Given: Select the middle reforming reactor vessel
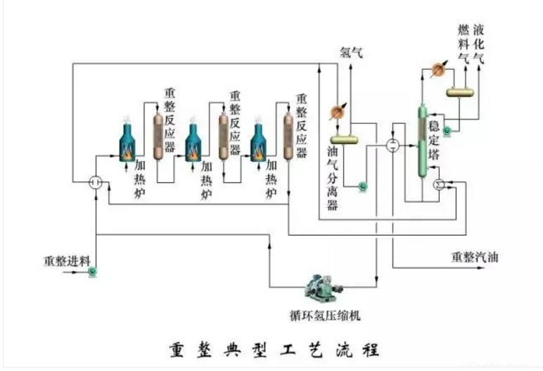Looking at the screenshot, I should coord(224,133).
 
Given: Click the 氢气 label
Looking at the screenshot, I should coord(352,54).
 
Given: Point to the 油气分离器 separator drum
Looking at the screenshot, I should coord(343,139).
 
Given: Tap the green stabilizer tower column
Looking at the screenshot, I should coord(423,141).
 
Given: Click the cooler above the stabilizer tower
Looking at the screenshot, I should coord(438,68).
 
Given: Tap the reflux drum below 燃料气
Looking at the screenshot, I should coord(460,92).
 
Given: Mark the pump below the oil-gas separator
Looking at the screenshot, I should coord(363,186).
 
